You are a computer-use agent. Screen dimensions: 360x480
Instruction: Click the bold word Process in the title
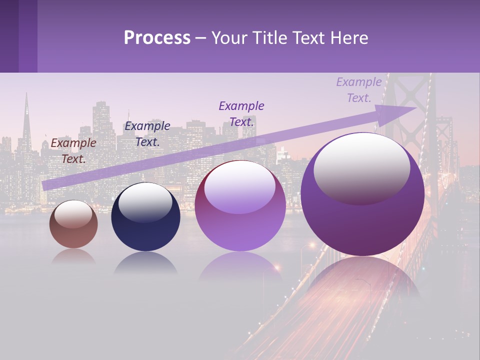[157, 38]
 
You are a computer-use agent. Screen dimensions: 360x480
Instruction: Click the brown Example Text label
[73, 151]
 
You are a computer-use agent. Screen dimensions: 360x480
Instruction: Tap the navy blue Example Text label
[147, 134]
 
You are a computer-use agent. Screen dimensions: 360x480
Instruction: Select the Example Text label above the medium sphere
[241, 113]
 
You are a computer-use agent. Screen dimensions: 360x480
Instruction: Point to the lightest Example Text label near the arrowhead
[359, 90]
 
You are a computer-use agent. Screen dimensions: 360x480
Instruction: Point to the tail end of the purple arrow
[45, 185]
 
